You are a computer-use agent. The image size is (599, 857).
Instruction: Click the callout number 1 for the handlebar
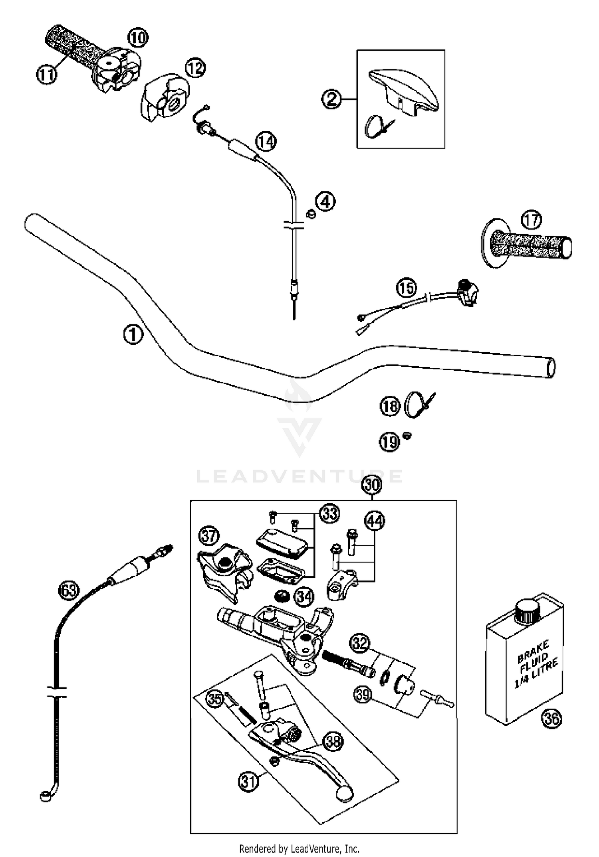(x=133, y=334)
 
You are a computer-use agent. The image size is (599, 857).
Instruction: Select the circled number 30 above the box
(x=372, y=485)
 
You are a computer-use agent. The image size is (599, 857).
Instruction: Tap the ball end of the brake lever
(x=344, y=792)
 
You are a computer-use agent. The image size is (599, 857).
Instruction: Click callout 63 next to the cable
(x=69, y=590)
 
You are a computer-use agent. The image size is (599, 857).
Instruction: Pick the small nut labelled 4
(x=310, y=214)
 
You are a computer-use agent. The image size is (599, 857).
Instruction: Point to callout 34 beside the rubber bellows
(x=304, y=597)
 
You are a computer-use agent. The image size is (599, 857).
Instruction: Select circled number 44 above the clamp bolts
(x=374, y=521)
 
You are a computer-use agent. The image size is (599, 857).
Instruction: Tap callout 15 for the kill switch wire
(x=407, y=288)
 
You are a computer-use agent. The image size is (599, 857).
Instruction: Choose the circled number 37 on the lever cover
(x=209, y=536)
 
